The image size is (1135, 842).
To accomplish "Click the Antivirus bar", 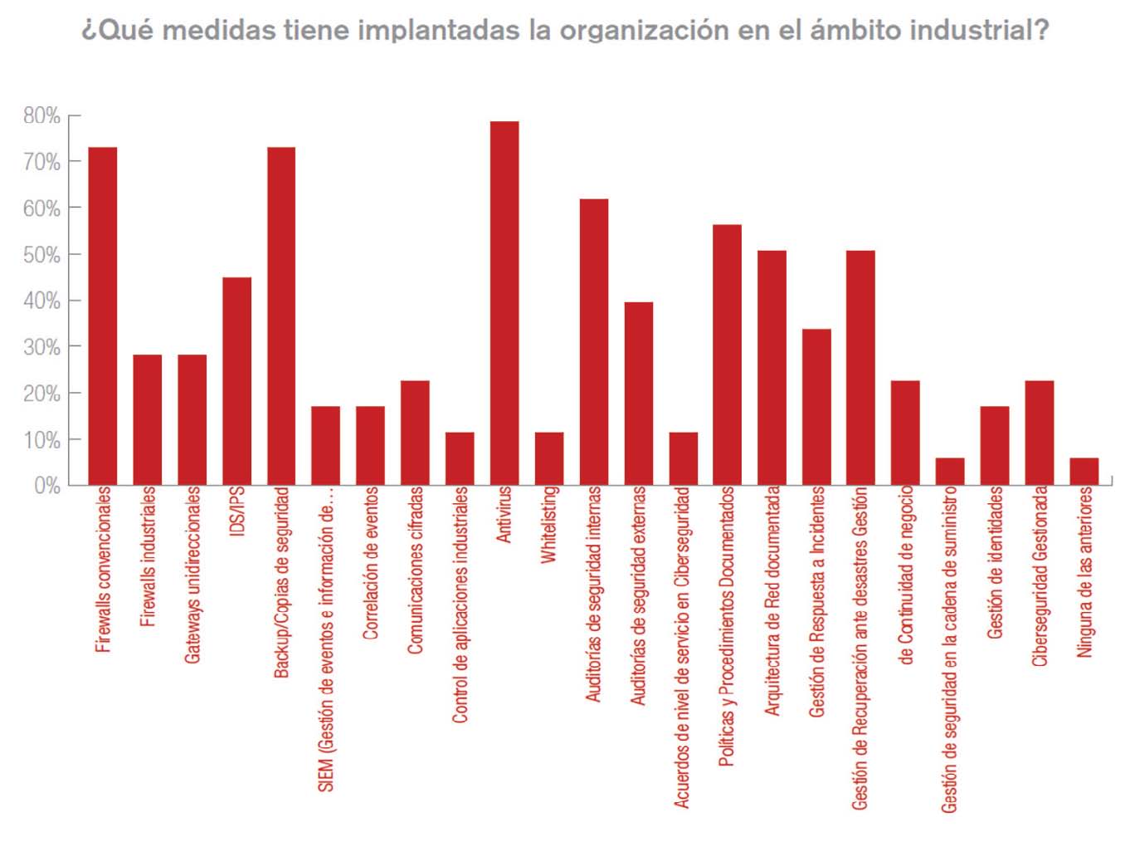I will (x=504, y=303).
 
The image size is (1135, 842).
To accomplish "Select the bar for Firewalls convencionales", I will (x=103, y=316).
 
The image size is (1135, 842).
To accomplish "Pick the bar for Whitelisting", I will (x=549, y=458).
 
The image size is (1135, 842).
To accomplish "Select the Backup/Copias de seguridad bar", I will (x=281, y=316).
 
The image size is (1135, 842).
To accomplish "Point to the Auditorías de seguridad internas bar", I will (x=594, y=341).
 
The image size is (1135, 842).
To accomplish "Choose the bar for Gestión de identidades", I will (x=995, y=445).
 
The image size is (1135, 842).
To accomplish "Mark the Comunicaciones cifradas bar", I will (x=415, y=433).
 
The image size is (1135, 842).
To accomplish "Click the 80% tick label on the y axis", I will (x=41, y=115).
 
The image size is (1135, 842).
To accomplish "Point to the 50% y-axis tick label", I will (x=41, y=255).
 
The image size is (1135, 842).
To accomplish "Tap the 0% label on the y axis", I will (x=46, y=486).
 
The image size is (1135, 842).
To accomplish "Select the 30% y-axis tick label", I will (x=41, y=347).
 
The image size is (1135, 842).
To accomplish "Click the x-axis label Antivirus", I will (x=504, y=516).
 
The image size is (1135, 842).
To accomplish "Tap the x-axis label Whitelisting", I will (x=548, y=526).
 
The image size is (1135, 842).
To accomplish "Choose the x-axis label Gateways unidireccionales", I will (x=192, y=575).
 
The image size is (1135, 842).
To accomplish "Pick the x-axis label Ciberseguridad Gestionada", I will (x=1040, y=576).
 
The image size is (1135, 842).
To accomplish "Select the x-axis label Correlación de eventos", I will (x=370, y=563).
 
